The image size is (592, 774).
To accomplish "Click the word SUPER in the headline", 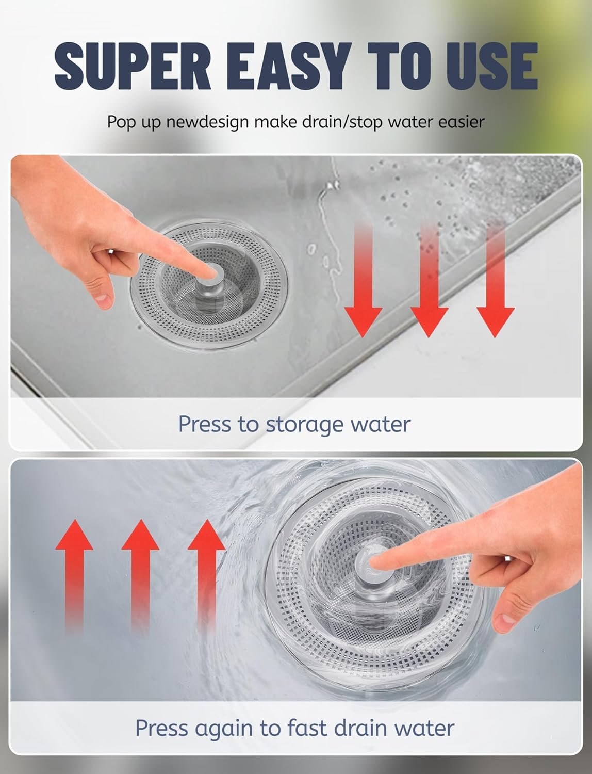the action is pyautogui.click(x=133, y=66).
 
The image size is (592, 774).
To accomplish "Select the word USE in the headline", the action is pyautogui.click(x=492, y=66).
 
